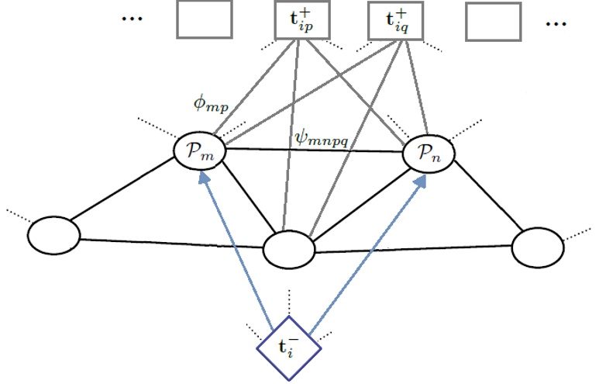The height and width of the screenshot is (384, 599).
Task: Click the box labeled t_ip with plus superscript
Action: (303, 20)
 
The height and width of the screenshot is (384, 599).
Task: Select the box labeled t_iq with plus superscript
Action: (393, 20)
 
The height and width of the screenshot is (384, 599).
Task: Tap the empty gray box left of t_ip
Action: (205, 20)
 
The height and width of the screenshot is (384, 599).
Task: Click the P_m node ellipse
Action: (200, 150)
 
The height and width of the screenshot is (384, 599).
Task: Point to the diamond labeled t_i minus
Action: (289, 347)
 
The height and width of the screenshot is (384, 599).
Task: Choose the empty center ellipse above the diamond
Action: (289, 249)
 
